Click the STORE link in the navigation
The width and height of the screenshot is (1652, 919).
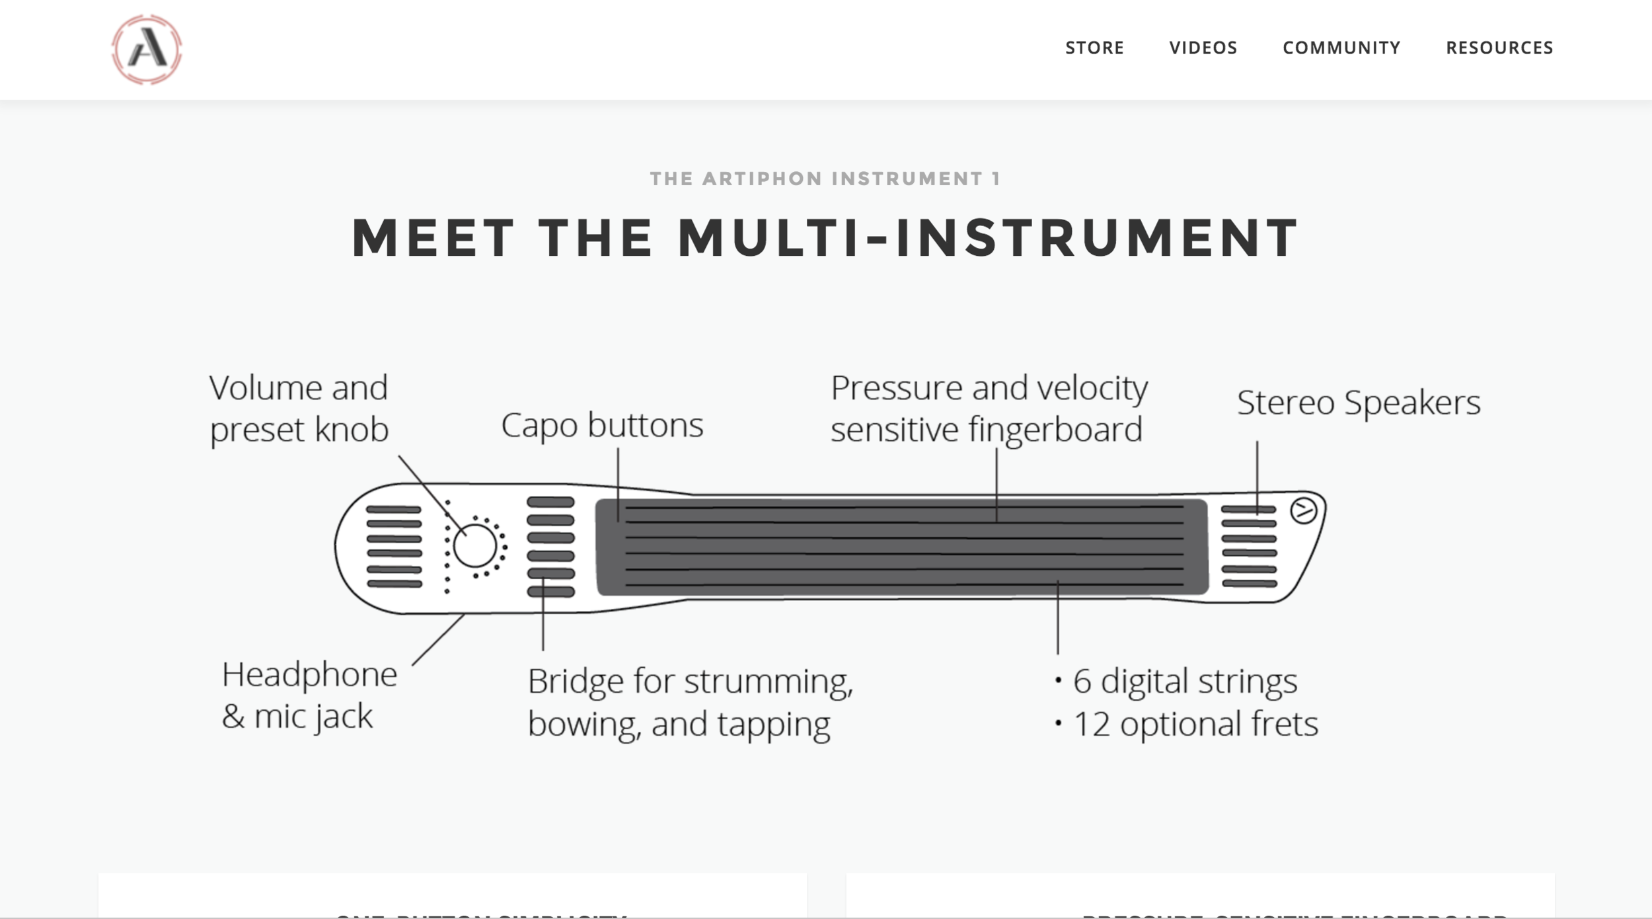(1094, 48)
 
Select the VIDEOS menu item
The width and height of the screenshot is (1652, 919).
(1203, 48)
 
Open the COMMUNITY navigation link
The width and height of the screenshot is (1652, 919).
(1341, 48)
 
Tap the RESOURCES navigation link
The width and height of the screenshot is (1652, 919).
(1499, 48)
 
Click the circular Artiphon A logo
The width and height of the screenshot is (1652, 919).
(147, 50)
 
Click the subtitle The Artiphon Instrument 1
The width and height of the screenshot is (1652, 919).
(825, 179)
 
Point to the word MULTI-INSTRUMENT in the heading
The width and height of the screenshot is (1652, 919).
(989, 238)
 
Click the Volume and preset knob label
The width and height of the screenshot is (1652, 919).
(299, 409)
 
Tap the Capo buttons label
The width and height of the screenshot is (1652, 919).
(602, 425)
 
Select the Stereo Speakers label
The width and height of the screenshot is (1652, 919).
(1359, 403)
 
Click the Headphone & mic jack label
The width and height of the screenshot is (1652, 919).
(309, 696)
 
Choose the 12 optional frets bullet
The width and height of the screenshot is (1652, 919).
(1195, 723)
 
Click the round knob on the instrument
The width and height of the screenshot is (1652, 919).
(474, 546)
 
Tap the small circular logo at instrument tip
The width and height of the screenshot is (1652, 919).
(1303, 510)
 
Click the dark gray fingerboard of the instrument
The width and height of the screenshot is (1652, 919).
(902, 547)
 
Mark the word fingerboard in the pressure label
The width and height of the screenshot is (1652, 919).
(1055, 430)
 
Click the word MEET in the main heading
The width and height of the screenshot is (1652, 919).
(433, 238)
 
